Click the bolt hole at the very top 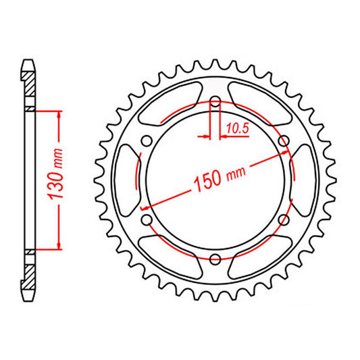(x=215, y=102)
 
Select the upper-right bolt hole (x=284, y=140)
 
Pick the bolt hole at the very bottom (x=215, y=259)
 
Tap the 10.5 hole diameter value (x=237, y=126)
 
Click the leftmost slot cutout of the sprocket (x=127, y=180)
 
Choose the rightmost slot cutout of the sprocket (x=302, y=180)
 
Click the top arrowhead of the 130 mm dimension (x=60, y=115)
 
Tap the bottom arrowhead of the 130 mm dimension (x=60, y=245)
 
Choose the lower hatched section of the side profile (x=30, y=274)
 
